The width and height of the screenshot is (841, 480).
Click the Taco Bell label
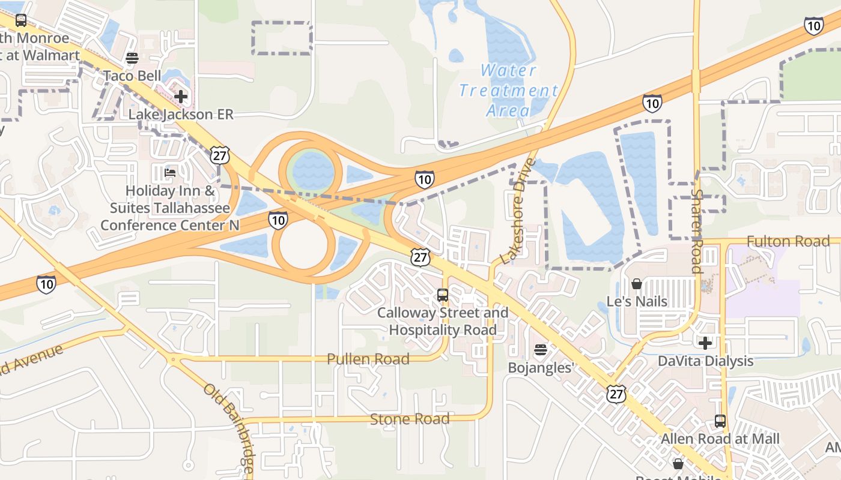click(132, 76)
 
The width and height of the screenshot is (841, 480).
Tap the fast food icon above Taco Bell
click(132, 58)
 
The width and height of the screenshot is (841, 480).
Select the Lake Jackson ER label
click(180, 114)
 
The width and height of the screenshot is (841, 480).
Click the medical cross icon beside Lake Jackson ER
click(180, 96)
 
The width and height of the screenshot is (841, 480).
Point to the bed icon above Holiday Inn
click(170, 173)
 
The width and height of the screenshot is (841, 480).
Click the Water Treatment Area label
click(508, 90)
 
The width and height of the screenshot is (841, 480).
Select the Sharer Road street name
click(697, 231)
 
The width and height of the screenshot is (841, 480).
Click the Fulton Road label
click(788, 241)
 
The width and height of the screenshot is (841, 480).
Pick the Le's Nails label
click(637, 301)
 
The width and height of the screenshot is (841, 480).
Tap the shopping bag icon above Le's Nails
click(637, 283)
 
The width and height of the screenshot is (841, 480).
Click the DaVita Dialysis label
click(705, 361)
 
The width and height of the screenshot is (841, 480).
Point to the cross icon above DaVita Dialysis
click(705, 343)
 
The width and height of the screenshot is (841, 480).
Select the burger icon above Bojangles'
click(541, 350)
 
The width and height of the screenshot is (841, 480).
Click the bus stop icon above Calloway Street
click(443, 295)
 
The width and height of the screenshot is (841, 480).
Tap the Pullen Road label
click(368, 359)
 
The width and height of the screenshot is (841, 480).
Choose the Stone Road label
click(409, 419)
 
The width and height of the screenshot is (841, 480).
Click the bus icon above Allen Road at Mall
click(720, 421)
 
